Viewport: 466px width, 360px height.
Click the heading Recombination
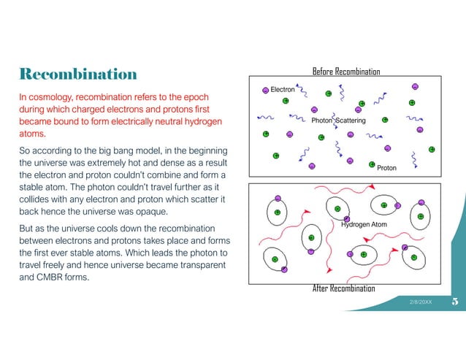[x=78, y=74]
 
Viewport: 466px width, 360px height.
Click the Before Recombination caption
[x=346, y=71]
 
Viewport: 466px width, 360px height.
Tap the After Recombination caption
[x=343, y=288]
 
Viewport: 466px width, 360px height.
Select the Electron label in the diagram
[x=283, y=89]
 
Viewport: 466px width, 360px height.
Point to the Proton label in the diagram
[x=386, y=168]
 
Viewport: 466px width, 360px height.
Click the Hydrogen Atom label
[x=364, y=224]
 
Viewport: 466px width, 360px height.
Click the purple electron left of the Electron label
[x=265, y=89]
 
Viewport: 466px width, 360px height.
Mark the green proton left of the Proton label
[x=372, y=164]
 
